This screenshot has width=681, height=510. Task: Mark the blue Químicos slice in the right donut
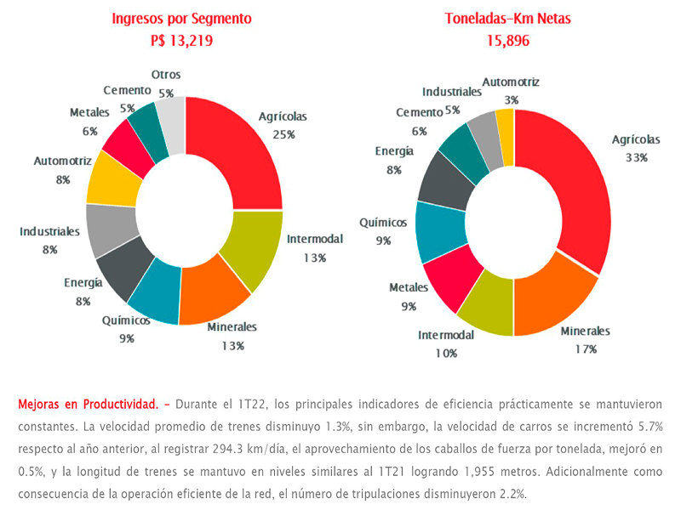coord(438,231)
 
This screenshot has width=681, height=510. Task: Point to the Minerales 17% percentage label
coord(586,348)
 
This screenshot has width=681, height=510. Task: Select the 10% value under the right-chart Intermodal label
coord(446,352)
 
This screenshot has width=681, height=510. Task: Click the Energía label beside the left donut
coord(84,283)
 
